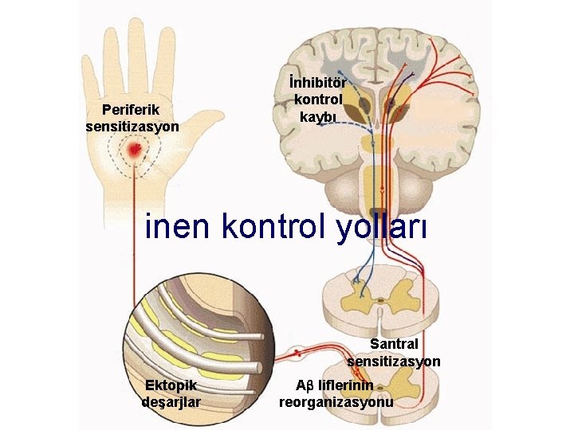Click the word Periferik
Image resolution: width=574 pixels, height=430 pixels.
(x=132, y=110)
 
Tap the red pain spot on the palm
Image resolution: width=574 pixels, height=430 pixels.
(x=136, y=149)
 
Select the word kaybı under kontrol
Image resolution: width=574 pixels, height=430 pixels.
(x=318, y=116)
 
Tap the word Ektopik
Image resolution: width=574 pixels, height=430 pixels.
(x=171, y=385)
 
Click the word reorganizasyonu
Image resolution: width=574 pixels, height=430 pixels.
(x=336, y=402)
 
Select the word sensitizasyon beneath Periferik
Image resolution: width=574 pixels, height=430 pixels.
(x=132, y=126)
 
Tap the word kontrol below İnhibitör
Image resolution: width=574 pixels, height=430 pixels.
(x=318, y=100)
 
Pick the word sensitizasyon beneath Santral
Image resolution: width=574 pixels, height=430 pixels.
(x=393, y=362)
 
